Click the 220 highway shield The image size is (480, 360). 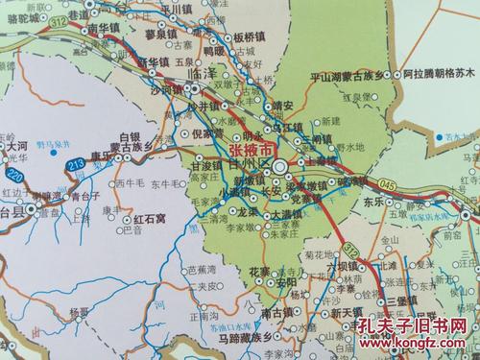14,177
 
